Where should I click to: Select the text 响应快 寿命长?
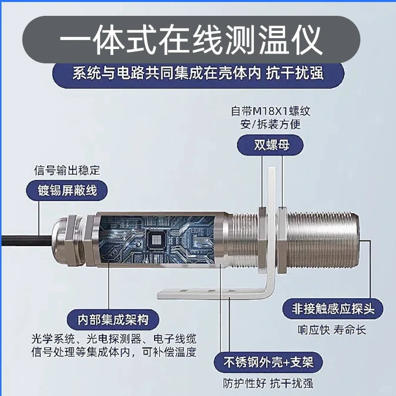coord(332,330)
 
